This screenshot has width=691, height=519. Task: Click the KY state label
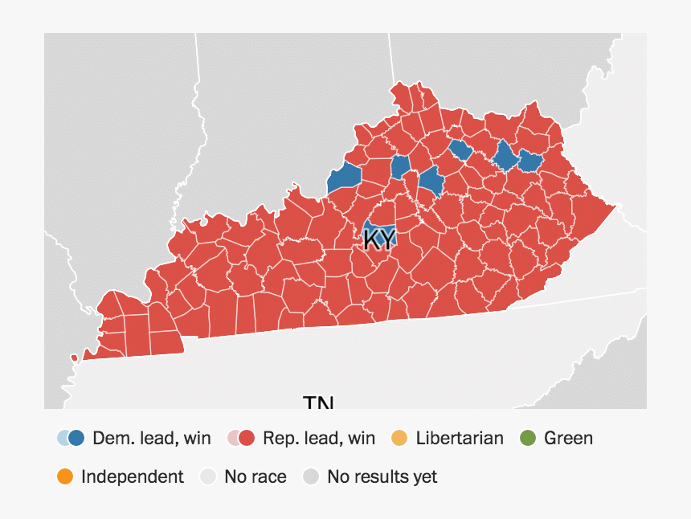click(379, 239)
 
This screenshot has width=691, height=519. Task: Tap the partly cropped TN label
click(318, 403)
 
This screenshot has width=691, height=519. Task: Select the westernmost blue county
click(344, 178)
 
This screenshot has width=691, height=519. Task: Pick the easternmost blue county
click(529, 161)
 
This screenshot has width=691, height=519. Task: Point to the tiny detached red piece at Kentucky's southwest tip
click(74, 357)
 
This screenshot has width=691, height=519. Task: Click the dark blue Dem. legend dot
click(76, 438)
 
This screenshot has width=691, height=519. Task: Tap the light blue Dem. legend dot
click(63, 438)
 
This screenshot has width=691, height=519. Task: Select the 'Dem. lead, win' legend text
click(152, 438)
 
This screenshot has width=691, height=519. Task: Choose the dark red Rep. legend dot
click(247, 438)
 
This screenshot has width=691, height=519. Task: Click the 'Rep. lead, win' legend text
click(319, 438)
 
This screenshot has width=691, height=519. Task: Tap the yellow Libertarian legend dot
click(399, 438)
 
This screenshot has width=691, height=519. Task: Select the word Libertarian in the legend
click(460, 438)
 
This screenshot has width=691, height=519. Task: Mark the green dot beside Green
click(527, 438)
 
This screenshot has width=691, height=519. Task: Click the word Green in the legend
click(568, 438)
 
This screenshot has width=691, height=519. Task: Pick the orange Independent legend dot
click(65, 476)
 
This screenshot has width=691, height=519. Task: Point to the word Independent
click(132, 476)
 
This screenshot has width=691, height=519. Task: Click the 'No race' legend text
click(256, 476)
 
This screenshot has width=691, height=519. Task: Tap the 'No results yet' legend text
click(382, 476)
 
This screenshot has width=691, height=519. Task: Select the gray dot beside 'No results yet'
click(311, 476)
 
